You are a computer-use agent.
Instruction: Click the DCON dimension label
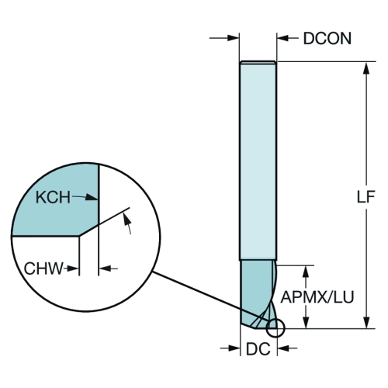[x=327, y=39]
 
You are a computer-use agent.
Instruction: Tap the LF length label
[x=365, y=197]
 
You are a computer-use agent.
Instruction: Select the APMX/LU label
[x=317, y=297]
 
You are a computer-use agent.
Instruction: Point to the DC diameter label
[x=258, y=349]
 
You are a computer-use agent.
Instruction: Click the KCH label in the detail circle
[x=53, y=197]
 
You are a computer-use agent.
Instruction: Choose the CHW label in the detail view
[x=43, y=268]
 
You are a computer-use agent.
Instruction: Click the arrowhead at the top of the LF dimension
[x=366, y=68]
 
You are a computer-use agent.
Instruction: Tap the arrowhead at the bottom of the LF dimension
[x=366, y=322]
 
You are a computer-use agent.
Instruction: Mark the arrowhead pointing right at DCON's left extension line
[x=233, y=38]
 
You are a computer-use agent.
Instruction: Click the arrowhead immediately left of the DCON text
[x=283, y=38]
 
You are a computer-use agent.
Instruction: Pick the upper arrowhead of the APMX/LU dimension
[x=307, y=272]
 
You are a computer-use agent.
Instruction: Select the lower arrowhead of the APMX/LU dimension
[x=307, y=322]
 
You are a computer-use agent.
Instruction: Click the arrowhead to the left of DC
[x=234, y=348]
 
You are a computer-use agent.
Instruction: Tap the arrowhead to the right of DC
[x=283, y=348]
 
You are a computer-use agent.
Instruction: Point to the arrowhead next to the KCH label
[x=92, y=198]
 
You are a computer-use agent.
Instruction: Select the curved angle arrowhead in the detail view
[x=126, y=220]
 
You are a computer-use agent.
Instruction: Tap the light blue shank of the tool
[x=258, y=161]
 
